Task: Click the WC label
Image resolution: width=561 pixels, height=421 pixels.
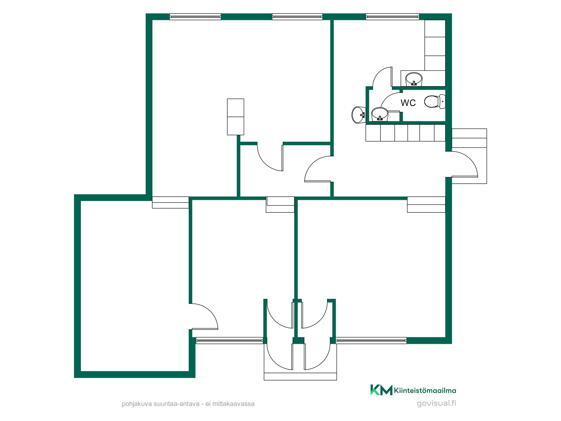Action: (x=408, y=103)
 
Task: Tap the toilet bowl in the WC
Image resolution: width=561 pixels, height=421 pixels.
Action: (x=434, y=102)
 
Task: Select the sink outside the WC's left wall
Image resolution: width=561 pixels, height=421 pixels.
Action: (x=358, y=115)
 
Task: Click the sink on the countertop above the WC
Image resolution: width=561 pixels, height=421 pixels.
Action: (x=414, y=79)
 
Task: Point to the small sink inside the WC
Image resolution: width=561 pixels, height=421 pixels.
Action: (x=380, y=114)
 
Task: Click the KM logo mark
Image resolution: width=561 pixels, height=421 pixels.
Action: (x=381, y=390)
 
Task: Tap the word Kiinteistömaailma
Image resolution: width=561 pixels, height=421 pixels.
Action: (x=425, y=390)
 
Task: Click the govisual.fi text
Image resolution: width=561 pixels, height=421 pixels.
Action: (x=436, y=403)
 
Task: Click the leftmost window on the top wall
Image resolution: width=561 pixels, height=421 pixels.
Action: (x=195, y=17)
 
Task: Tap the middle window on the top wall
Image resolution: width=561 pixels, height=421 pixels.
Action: (x=297, y=17)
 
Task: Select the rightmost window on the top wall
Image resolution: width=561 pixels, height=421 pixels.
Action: (x=392, y=17)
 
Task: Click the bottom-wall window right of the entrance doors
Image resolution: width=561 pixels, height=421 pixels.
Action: (x=371, y=341)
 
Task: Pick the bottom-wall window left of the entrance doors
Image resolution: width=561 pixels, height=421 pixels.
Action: (x=229, y=341)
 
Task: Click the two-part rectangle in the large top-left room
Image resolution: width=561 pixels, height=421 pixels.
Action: (x=236, y=117)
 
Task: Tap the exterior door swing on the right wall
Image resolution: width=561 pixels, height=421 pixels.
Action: (x=462, y=164)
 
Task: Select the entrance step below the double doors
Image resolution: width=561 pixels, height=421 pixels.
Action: (x=300, y=376)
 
